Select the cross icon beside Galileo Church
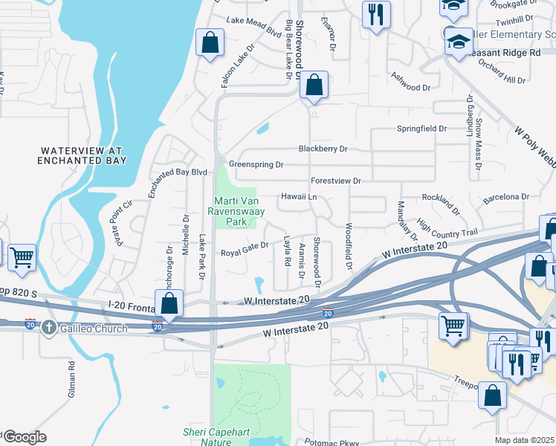click(x=48, y=328)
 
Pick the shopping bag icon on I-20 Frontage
click(x=169, y=305)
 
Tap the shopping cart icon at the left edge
click(x=22, y=258)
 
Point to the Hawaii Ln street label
click(x=299, y=197)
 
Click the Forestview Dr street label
click(x=335, y=181)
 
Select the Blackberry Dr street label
click(x=323, y=149)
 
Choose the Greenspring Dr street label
click(x=256, y=164)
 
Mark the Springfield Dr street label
click(x=421, y=129)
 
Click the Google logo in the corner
click(x=24, y=437)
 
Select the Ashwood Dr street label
click(x=411, y=87)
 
